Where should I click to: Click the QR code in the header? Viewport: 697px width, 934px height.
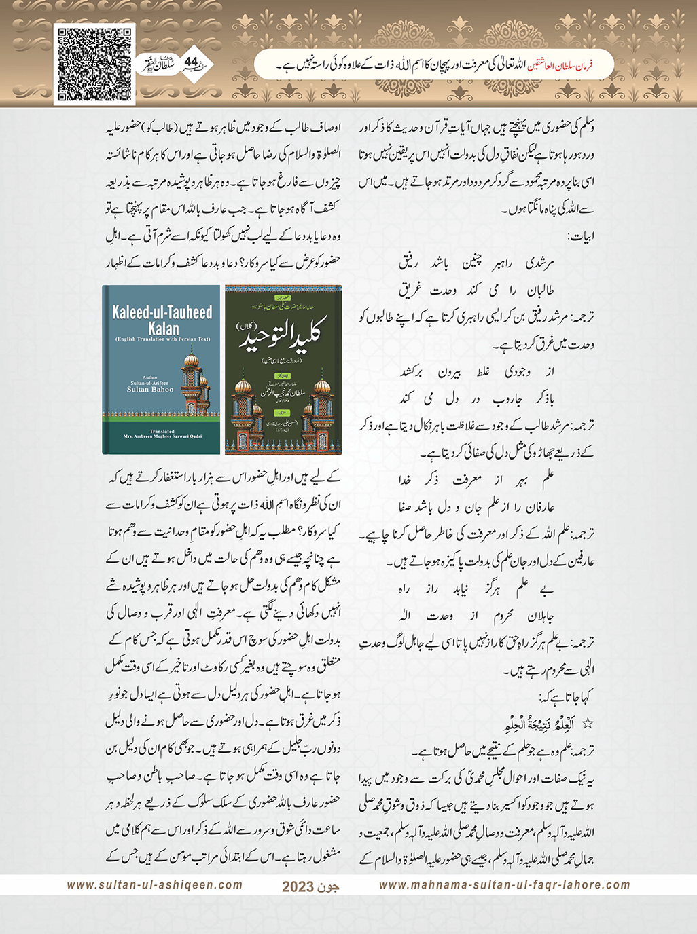click(x=94, y=64)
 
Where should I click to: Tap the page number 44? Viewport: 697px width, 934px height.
click(x=191, y=62)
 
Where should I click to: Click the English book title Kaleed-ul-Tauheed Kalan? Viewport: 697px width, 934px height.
click(x=162, y=320)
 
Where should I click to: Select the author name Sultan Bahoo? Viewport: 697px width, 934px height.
click(x=150, y=390)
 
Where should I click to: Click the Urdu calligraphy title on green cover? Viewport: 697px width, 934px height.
click(x=282, y=335)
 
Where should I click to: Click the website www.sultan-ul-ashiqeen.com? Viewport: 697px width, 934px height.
click(x=155, y=884)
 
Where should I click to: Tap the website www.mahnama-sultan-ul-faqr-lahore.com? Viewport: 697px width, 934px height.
click(x=504, y=884)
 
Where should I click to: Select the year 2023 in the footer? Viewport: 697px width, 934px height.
click(x=298, y=886)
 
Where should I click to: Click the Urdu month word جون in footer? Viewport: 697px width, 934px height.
click(x=329, y=886)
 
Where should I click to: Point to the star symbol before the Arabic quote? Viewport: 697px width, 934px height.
click(x=588, y=724)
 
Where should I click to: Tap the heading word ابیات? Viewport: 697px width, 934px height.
click(x=580, y=237)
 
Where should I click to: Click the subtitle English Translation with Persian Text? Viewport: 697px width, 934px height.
click(x=162, y=339)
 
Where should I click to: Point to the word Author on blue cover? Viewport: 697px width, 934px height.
click(x=150, y=377)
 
